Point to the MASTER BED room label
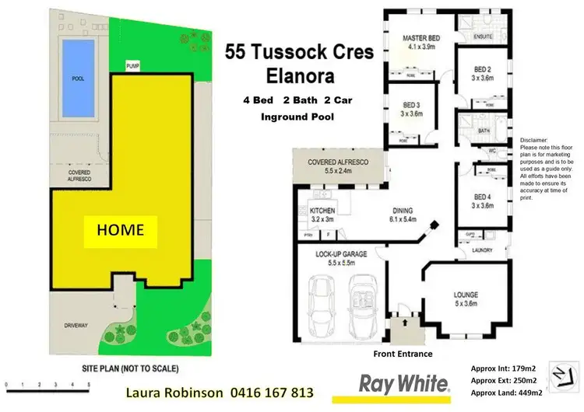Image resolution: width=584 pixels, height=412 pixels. [x=421, y=37]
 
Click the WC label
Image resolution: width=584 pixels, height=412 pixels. [x=492, y=151]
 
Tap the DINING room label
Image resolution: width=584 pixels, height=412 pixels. [x=403, y=211]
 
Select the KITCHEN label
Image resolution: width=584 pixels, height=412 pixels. [x=321, y=211]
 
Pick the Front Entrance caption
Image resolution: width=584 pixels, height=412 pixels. [x=402, y=354]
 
